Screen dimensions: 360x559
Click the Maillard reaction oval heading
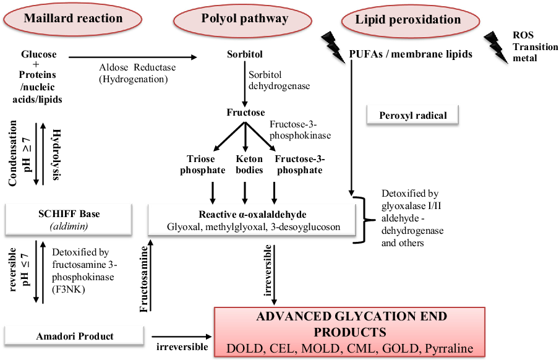click(73, 19)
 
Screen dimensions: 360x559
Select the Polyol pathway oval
click(245, 19)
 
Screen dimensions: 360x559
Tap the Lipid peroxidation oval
click(408, 20)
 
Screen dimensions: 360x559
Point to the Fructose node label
click(245, 113)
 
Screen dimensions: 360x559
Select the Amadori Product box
click(73, 336)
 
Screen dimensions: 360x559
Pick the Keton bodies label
click(249, 165)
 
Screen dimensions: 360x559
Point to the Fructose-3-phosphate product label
click(299, 165)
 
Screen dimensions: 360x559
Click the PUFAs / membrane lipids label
click(411, 54)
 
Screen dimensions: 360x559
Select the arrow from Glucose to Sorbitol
click(132, 58)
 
